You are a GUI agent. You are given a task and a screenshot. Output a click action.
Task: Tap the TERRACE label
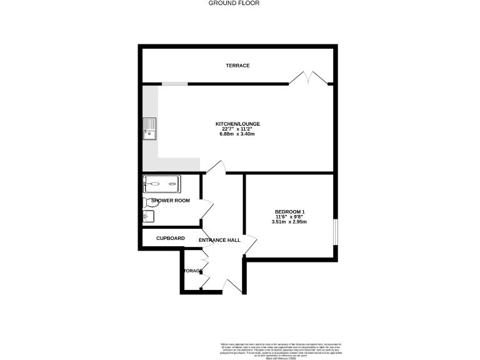(237, 66)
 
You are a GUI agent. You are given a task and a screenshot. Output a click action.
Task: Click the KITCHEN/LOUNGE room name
(237, 124)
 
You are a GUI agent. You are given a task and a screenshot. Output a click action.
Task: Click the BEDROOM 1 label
(289, 211)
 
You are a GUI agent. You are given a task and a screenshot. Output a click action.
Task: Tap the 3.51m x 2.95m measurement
(289, 222)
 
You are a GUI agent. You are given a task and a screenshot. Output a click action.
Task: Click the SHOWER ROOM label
(170, 201)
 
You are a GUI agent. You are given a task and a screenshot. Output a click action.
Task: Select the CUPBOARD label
(170, 238)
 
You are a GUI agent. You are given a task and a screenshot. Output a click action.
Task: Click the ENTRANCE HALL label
(220, 240)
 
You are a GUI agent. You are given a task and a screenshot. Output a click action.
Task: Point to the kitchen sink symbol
(150, 128)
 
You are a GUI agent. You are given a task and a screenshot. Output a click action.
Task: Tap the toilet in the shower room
(150, 202)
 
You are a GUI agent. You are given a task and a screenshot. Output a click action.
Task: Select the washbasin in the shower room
(148, 216)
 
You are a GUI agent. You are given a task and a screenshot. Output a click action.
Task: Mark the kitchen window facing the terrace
(174, 83)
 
